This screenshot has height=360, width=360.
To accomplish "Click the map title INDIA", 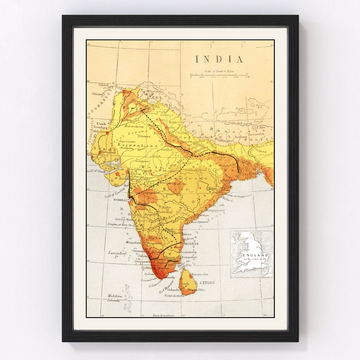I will coord(219,60).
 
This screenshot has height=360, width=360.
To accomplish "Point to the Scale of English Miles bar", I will coord(219,74).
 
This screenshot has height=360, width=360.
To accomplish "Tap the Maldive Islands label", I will coord(113,298).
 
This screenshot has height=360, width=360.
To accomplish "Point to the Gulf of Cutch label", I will coord(96,171).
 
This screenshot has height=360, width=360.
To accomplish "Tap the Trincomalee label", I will coord(200,274).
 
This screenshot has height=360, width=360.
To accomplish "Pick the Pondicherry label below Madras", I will coord(188,252).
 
